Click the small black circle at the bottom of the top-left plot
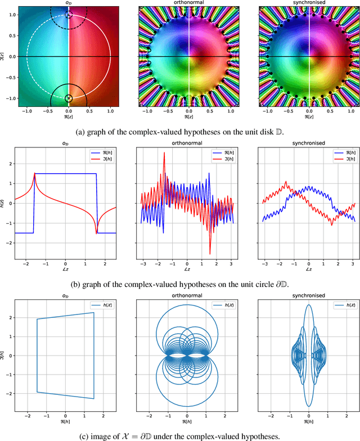(x=69, y=98)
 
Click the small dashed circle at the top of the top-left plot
(x=69, y=15)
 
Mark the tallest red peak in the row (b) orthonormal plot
(x=165, y=152)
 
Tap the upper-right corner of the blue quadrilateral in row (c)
(x=93, y=313)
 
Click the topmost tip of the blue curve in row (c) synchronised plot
(x=308, y=305)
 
